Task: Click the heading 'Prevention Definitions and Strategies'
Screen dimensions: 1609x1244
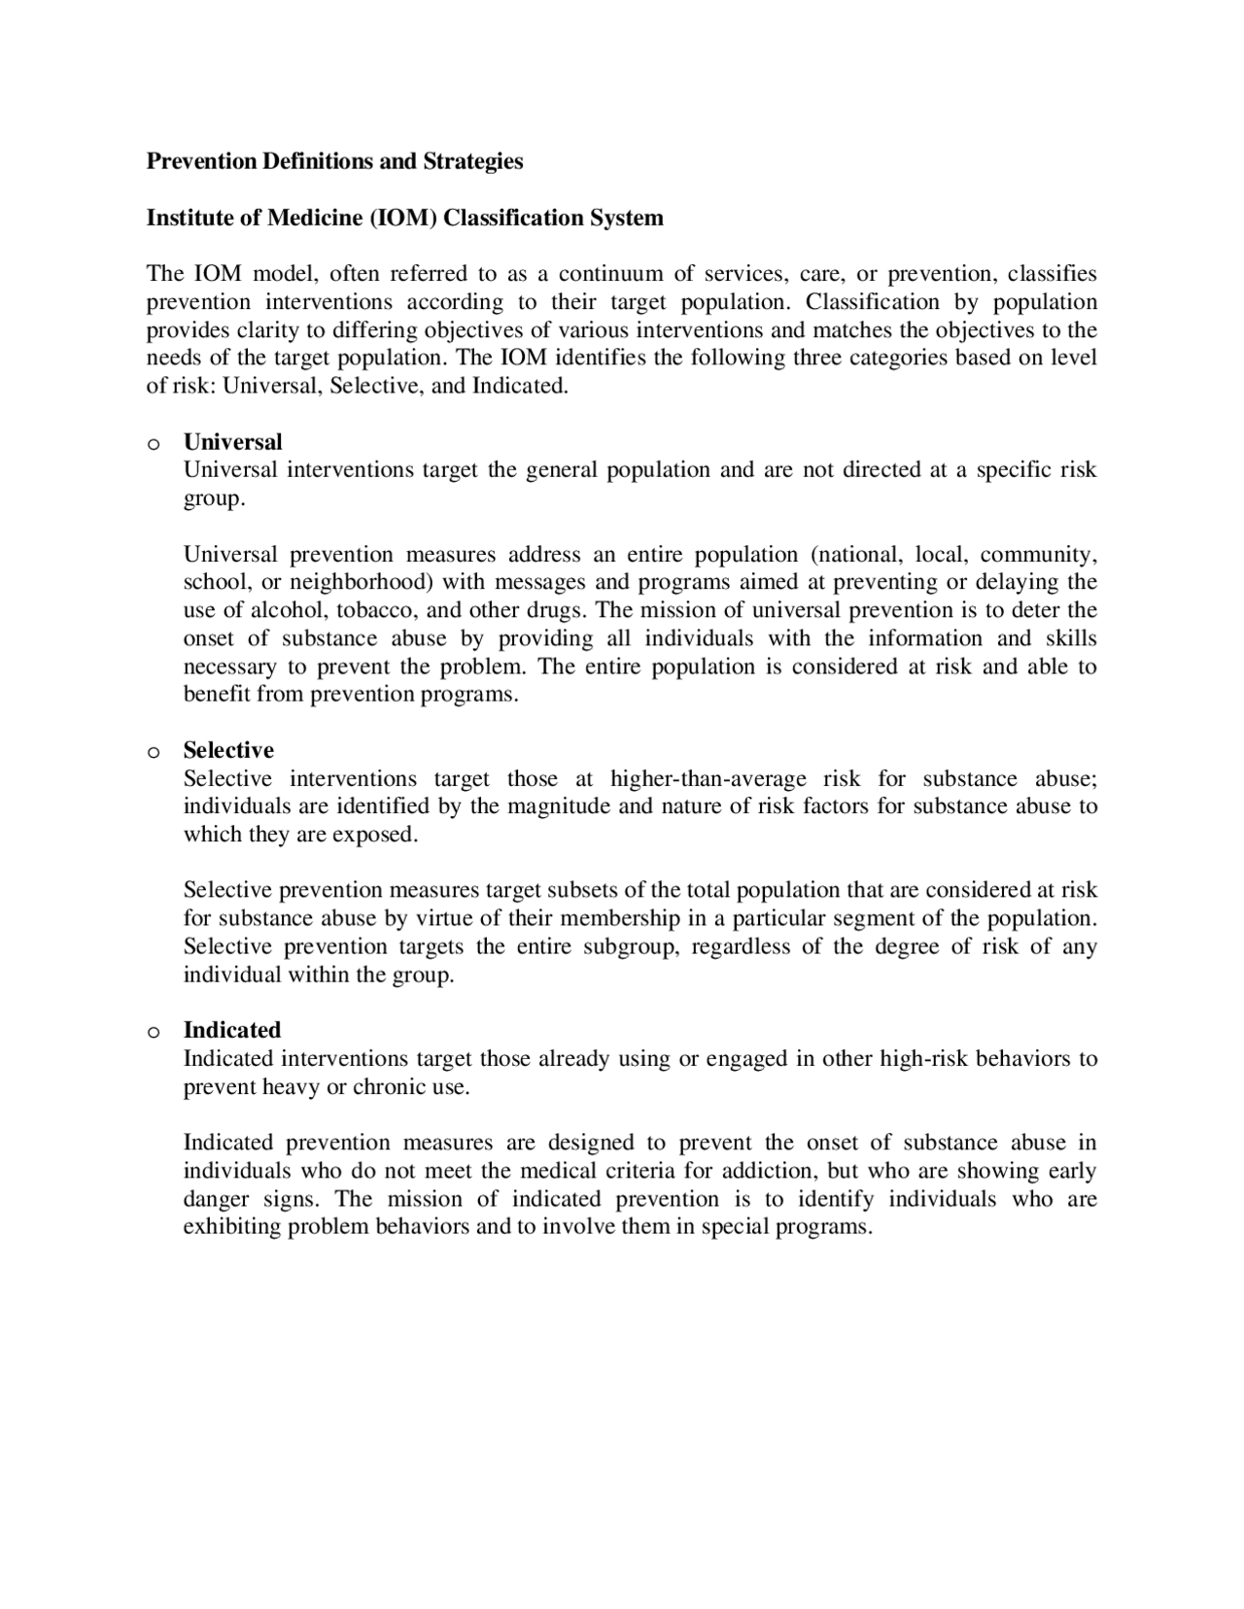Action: [x=334, y=161]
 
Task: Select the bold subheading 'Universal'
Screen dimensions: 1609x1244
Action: [x=232, y=442]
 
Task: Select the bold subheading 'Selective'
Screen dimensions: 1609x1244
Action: [x=228, y=750]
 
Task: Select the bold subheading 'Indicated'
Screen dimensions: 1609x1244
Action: [x=232, y=1030]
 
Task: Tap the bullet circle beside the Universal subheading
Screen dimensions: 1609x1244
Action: [x=153, y=445]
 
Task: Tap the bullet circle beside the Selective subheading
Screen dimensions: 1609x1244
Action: [x=153, y=753]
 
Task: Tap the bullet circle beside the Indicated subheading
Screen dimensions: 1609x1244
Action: [x=153, y=1033]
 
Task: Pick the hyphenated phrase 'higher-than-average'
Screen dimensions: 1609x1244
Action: [x=708, y=778]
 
